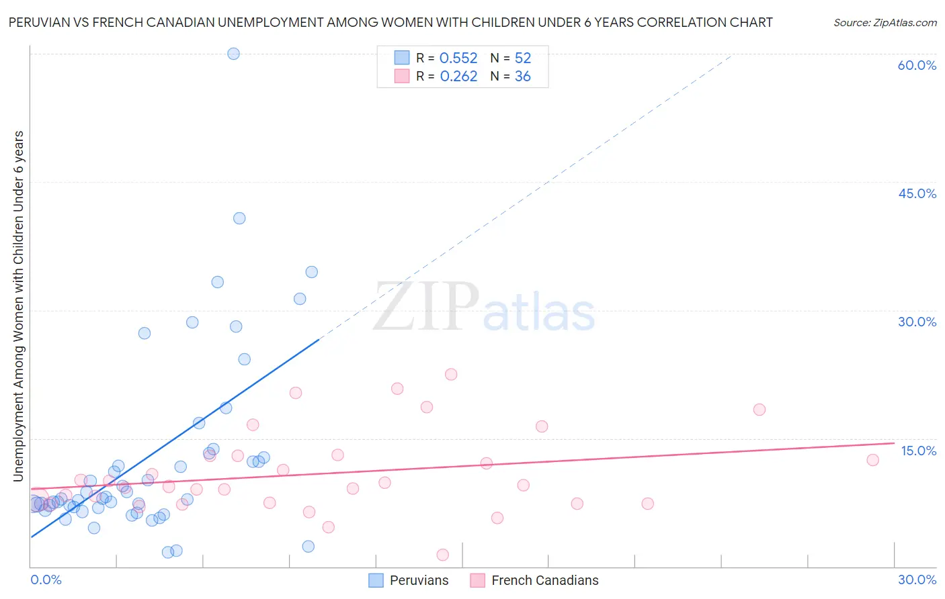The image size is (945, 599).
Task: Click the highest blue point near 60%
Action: coord(233,54)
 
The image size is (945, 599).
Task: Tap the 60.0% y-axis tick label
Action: coord(916,65)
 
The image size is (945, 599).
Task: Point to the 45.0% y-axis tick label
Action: coord(917,193)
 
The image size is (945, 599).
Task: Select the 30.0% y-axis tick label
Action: coord(917,322)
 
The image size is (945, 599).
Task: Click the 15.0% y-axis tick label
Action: coord(918,451)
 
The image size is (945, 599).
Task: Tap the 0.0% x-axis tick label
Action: coord(46,580)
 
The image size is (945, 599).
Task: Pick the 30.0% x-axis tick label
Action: coord(917,580)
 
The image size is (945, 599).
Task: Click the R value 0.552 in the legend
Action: coord(458,58)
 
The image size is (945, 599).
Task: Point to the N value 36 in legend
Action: coord(522,77)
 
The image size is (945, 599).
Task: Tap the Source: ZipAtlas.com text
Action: coord(885,23)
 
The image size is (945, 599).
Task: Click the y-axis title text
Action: coord(19,306)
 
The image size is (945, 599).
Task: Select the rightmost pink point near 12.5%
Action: coord(872,460)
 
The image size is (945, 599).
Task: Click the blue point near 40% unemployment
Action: coord(239,218)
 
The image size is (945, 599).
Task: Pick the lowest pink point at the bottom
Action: coord(442,555)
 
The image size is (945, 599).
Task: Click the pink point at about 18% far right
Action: coord(759,410)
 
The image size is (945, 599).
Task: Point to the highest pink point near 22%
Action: coord(451,374)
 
